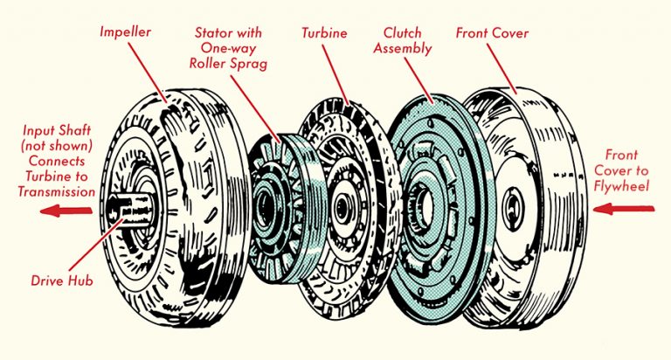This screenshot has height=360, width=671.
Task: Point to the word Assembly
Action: [x=403, y=48]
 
